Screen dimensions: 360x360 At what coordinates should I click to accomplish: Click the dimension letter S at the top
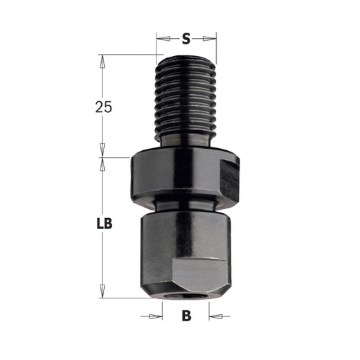pos(186,39)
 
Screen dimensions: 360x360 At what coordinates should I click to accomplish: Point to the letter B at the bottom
pos(186,318)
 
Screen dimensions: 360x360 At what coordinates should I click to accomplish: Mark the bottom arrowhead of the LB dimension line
pos(102,292)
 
